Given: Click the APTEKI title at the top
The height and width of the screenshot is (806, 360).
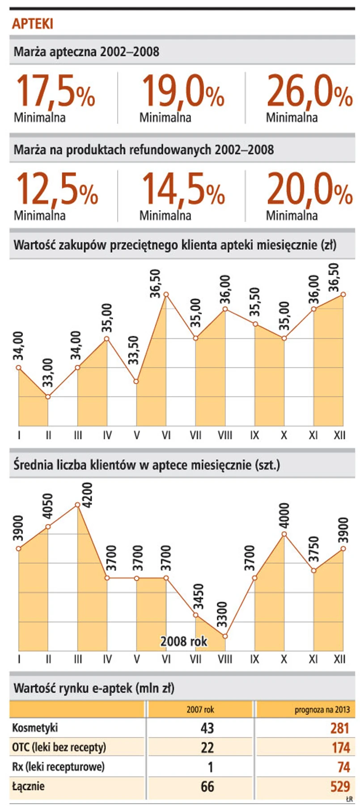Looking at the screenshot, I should pos(32,24).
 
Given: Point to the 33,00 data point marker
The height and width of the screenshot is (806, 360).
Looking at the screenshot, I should pos(48,397).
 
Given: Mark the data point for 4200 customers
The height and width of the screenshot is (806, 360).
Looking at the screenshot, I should pos(77,505).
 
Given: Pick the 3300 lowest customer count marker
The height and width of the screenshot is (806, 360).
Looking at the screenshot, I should pos(225,636).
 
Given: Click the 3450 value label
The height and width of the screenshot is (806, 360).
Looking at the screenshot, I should pos(198,596).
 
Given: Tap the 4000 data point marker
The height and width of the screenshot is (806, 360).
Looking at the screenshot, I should pos(284,534).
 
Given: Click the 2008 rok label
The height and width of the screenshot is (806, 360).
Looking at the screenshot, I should pos(184,641).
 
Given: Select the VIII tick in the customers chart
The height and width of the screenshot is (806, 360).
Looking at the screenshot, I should pos(225,659).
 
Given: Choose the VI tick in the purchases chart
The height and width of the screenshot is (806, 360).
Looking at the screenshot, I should pos(166,435).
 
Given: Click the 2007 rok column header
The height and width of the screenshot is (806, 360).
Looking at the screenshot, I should pos(200,709).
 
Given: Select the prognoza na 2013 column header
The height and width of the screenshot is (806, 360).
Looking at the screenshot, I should pos(322,710).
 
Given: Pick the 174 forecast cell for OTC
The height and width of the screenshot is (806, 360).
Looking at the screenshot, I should pos(340,747).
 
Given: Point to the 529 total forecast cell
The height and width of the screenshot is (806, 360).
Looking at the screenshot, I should pos(340,787).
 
